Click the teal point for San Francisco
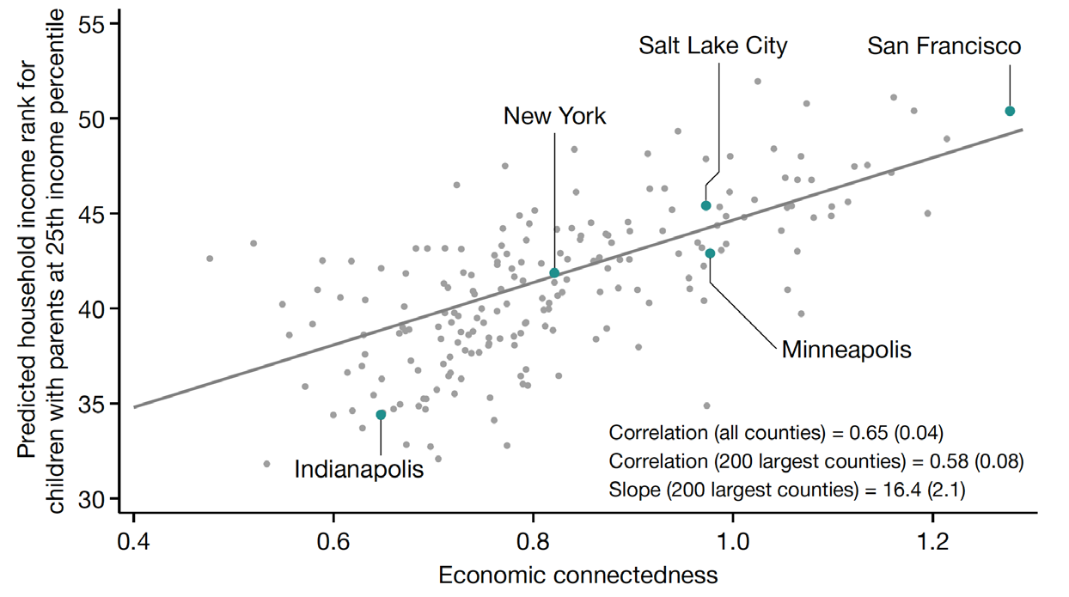point(1010,111)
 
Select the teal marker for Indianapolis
point(381,415)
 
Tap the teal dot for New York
point(554,273)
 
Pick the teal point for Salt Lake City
point(706,205)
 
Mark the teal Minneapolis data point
point(711,253)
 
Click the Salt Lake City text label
point(712,46)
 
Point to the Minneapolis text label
point(846,350)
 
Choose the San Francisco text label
point(944,46)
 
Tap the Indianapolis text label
point(358,470)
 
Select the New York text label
point(554,116)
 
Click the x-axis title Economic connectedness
point(578,574)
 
